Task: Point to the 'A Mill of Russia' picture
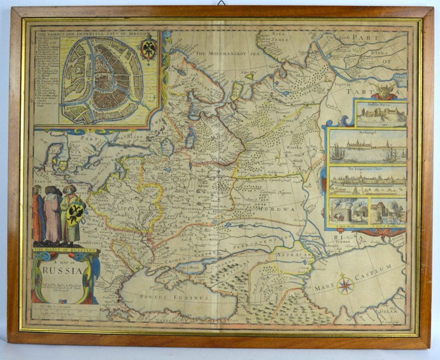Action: click(388, 212)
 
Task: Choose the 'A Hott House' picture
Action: click(348, 212)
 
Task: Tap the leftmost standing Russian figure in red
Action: click(38, 215)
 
